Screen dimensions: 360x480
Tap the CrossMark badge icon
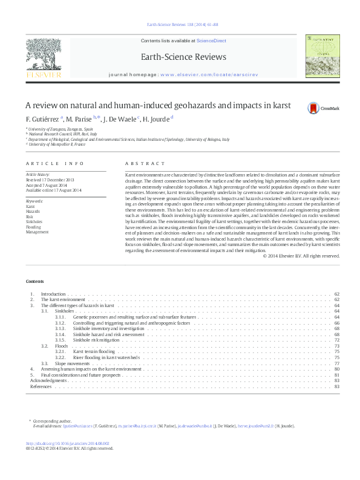313,108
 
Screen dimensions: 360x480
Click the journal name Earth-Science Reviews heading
183,57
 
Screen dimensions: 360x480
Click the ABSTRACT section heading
145,164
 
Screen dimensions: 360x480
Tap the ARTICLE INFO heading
55,164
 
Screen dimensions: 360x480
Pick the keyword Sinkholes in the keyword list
34,222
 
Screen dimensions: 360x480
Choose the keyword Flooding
33,227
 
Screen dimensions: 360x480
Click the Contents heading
35,282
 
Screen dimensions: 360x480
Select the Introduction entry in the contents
53,294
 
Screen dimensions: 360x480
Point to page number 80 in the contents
336,369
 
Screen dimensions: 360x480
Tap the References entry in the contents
41,386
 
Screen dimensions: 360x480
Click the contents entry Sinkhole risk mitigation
96,340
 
